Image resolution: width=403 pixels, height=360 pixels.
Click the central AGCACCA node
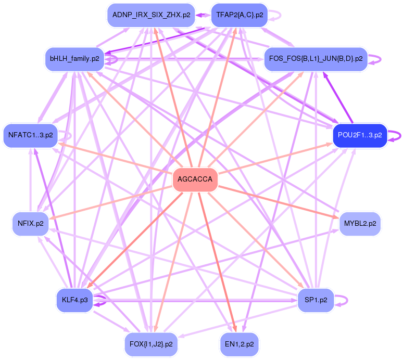click(x=195, y=179)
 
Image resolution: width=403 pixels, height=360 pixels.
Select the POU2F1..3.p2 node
click(x=360, y=135)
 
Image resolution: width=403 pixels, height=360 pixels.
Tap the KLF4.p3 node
click(x=74, y=300)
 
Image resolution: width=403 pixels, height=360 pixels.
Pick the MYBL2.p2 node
click(x=360, y=224)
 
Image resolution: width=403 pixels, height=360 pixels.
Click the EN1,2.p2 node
click(x=239, y=344)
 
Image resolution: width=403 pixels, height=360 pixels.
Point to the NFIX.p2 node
click(x=30, y=224)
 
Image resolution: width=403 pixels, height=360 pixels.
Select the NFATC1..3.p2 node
click(x=30, y=135)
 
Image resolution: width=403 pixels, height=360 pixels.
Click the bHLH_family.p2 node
click(x=74, y=59)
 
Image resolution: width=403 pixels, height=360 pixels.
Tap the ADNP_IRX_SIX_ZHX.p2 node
click(x=151, y=15)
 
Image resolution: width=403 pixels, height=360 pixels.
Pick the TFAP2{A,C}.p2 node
click(x=239, y=15)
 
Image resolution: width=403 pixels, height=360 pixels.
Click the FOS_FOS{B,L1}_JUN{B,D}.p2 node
click(x=316, y=59)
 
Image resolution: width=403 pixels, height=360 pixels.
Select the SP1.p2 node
click(x=316, y=300)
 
